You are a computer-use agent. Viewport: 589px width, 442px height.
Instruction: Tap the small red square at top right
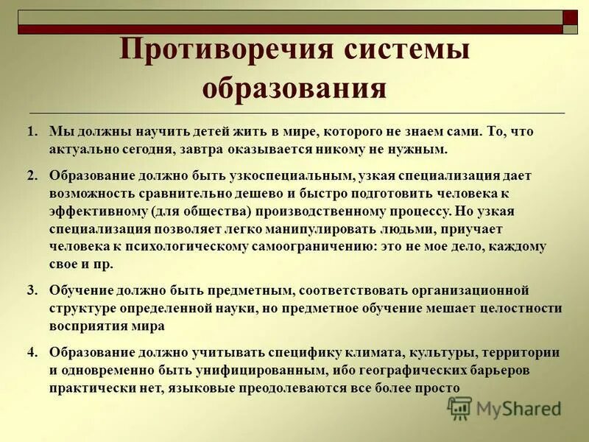[x=571, y=17]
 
